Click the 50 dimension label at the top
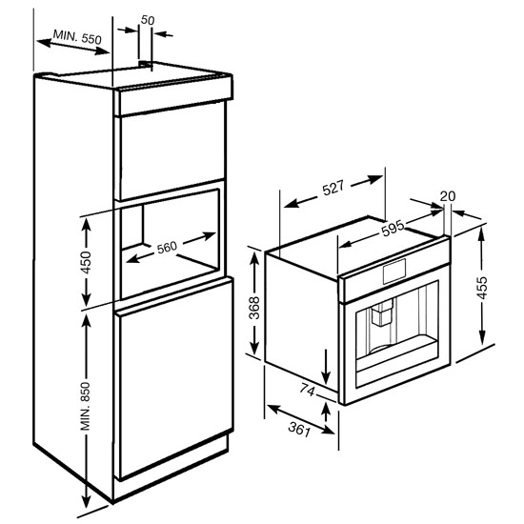[x=148, y=20]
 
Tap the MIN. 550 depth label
[x=77, y=37]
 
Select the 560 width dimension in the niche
[x=167, y=248]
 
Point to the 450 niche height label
[x=86, y=262]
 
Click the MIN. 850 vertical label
[x=86, y=406]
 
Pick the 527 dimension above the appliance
[x=333, y=188]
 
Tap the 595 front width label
[x=393, y=229]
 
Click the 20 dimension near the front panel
[x=448, y=196]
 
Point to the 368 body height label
[x=254, y=308]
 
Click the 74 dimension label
[x=308, y=390]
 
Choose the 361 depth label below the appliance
[x=299, y=429]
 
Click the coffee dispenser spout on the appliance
[x=381, y=313]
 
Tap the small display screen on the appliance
[x=394, y=272]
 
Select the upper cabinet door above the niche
[x=171, y=151]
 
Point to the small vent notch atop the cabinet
[x=145, y=64]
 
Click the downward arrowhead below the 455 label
[x=482, y=336]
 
